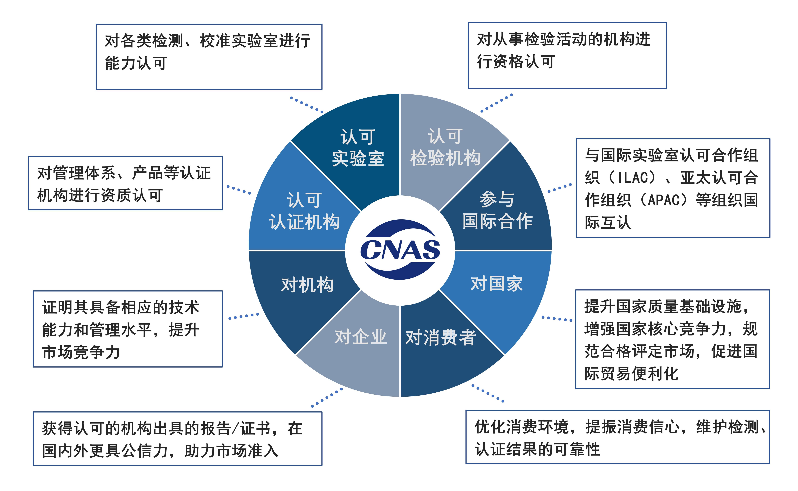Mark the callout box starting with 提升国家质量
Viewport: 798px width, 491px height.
[x=672, y=339]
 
